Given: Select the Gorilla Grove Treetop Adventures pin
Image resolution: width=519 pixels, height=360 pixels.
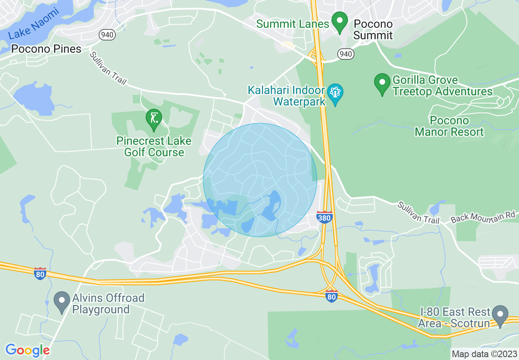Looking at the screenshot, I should pos(382,83).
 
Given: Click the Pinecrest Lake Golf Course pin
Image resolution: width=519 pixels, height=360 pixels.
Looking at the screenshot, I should pos(154,119).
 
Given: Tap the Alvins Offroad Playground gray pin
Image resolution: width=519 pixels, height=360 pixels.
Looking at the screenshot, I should pos(62,301).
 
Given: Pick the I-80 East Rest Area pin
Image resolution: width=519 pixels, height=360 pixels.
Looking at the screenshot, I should pos(500,315).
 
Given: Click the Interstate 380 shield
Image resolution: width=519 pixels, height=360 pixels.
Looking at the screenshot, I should pos(324,218).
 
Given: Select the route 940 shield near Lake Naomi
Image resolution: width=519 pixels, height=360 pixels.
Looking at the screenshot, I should pos(107,35).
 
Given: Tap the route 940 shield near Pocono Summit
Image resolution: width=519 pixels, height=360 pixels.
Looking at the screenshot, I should pos(345,54).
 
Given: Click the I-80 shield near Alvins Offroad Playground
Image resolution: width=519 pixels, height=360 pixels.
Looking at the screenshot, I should pos(40,274).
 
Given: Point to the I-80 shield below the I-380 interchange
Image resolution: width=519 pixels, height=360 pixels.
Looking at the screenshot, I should pos(332,297).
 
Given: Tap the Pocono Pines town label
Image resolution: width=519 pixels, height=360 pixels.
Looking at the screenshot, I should pos(46,49).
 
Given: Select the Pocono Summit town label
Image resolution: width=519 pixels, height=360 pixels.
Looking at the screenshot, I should pos(373,30).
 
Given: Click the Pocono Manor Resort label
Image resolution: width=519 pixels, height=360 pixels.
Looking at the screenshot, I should pos(449,126).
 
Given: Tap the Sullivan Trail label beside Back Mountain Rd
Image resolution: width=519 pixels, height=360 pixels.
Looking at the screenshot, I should pos(418,213).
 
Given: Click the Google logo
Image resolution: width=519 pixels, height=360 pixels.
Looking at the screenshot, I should pos(27,350).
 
